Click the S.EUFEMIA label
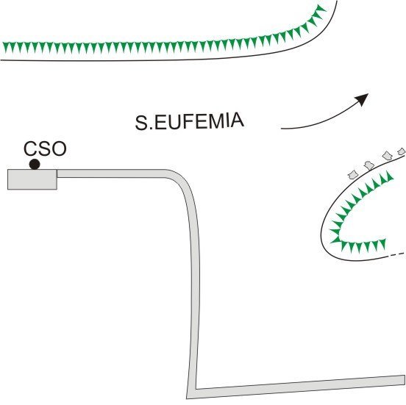189,121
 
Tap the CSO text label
45,148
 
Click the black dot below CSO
35,164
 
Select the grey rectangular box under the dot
32,179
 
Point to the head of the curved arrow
363,98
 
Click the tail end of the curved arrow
282,129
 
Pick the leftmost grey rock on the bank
353,175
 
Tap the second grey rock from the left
369,165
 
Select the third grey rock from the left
388,155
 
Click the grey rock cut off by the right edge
402,151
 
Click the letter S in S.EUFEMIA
141,123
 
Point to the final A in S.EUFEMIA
237,120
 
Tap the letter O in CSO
60,148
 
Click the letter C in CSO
30,148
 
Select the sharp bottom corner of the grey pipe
187,398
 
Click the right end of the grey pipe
405,379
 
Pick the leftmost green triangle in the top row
6,47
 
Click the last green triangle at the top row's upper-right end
321,9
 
